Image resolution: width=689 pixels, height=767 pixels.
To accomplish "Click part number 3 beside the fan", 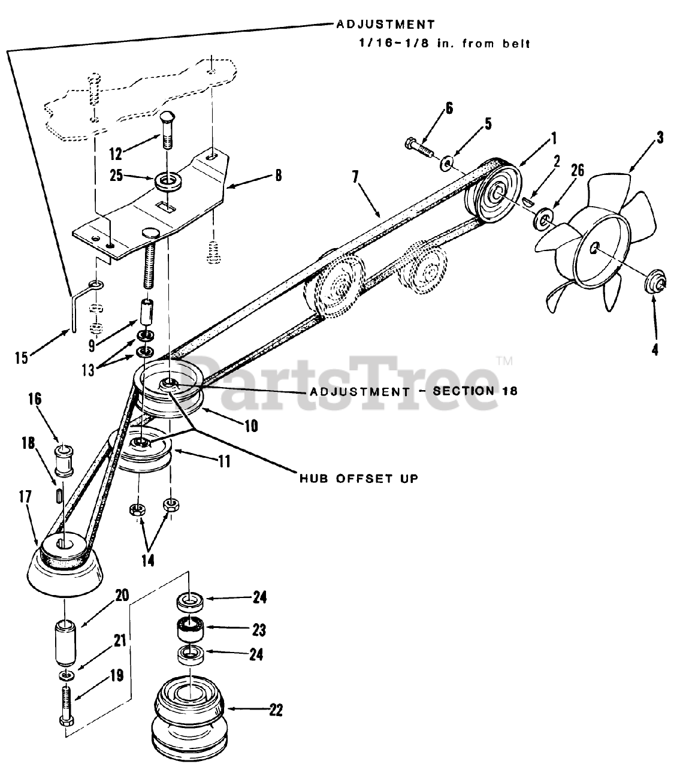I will point(659,138).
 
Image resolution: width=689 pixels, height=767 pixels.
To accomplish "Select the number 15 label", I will point(22,358).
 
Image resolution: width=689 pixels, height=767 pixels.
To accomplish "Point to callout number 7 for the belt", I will point(355,177).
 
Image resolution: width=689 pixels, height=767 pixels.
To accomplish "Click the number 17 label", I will point(25,496).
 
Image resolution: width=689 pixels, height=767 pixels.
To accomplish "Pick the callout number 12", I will point(116,153).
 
